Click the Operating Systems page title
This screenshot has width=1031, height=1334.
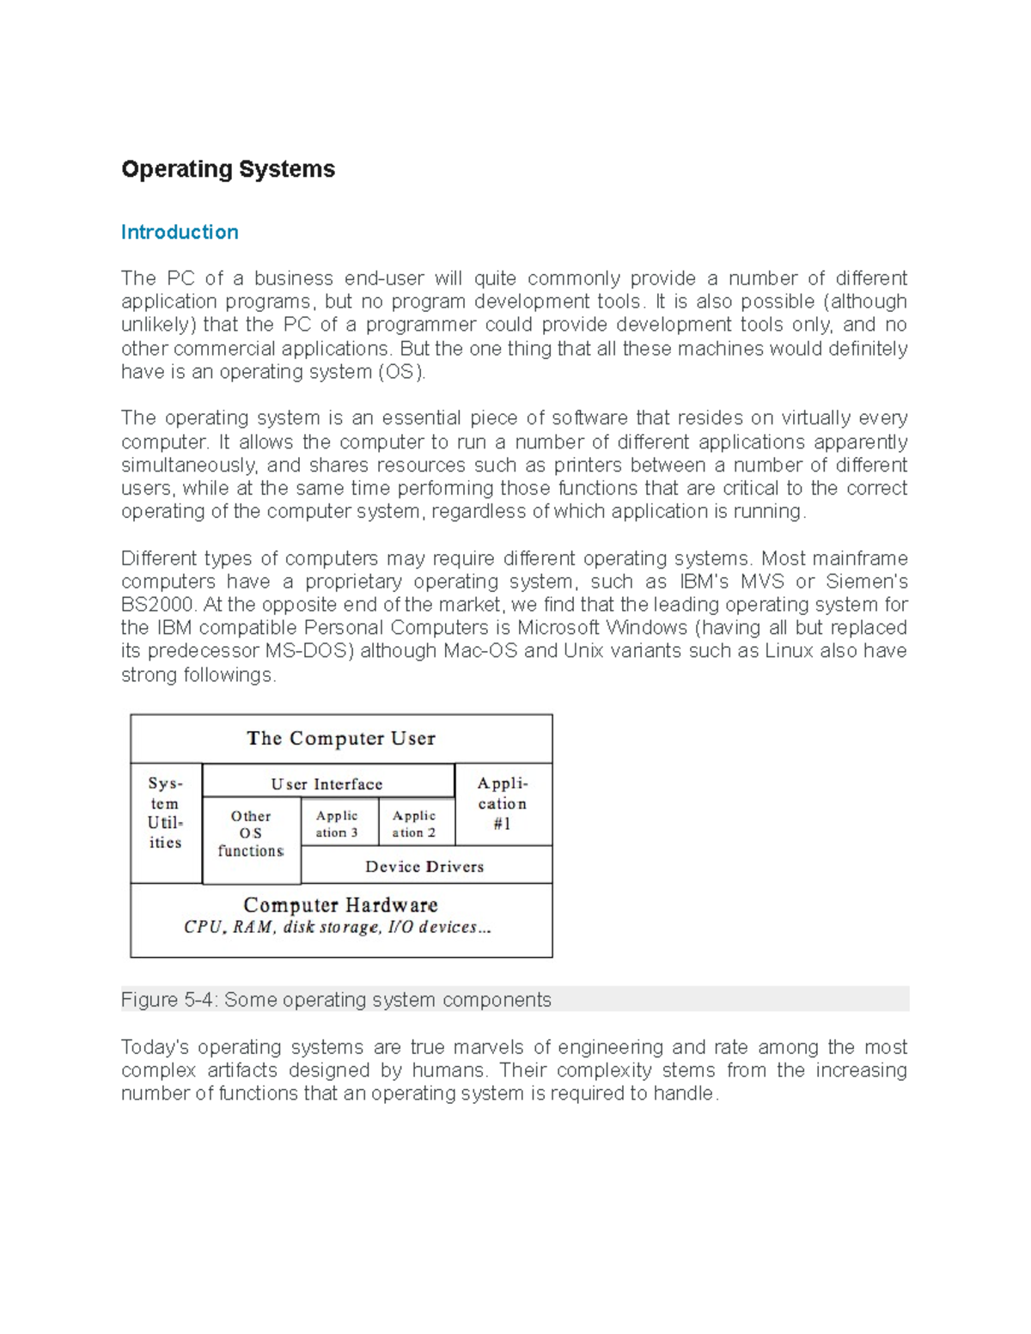[x=228, y=169]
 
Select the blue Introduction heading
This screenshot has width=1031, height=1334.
[x=180, y=232]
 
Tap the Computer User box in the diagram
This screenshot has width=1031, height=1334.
[x=341, y=739]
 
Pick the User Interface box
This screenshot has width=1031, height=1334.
[x=326, y=783]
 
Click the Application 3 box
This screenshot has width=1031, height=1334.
[x=337, y=824]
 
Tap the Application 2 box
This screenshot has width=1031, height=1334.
[x=414, y=824]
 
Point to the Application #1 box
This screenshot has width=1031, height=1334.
[x=503, y=804]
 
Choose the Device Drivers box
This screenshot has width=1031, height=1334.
[x=424, y=867]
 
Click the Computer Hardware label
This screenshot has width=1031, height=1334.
[x=340, y=905]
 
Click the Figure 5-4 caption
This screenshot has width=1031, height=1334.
[x=336, y=1000]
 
